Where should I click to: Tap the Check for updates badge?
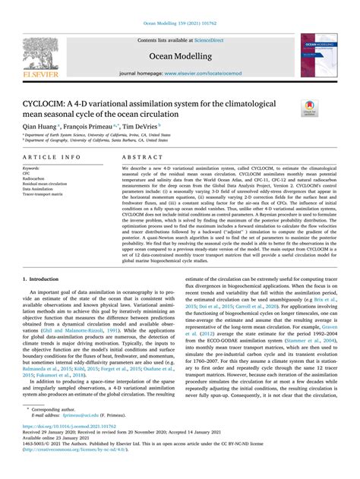[311, 107]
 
